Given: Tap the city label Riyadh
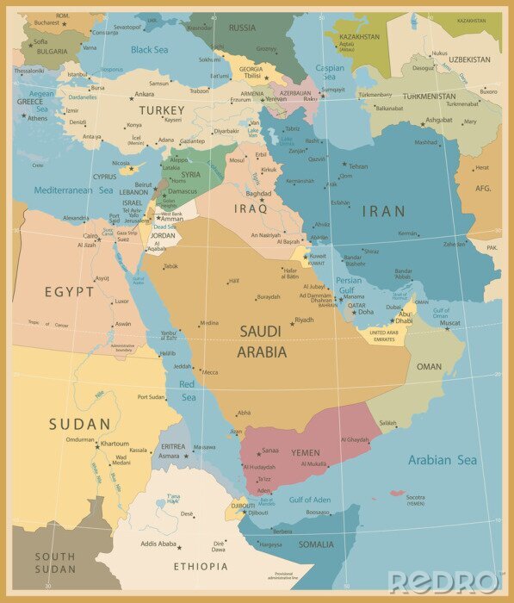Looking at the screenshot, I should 304,320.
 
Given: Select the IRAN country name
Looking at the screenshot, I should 383,211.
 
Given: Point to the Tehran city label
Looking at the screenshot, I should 358,166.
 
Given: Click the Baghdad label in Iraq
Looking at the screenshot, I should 258,194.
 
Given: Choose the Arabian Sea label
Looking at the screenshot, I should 442,460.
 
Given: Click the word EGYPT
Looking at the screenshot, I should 70,292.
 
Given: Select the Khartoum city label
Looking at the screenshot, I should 115,444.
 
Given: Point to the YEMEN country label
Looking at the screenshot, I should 305,453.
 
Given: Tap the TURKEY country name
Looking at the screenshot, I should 162,110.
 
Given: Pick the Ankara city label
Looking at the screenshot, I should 145,94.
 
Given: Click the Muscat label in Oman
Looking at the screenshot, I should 451,324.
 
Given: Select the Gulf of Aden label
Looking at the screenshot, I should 309,500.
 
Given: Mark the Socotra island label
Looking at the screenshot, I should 416,497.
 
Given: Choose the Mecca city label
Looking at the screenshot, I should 209,372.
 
